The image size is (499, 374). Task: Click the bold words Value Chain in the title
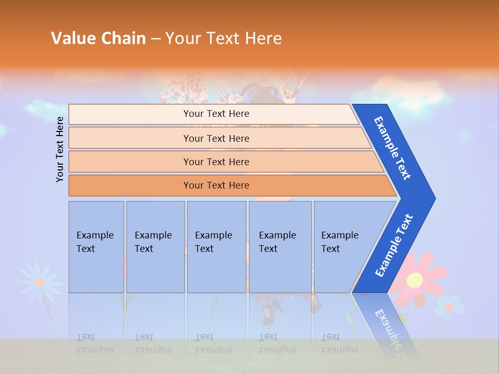[98, 38]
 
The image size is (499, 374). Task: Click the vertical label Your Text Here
[60, 149]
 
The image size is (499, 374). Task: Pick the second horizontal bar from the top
[216, 138]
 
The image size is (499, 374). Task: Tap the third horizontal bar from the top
[216, 162]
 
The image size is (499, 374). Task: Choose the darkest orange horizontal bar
[216, 185]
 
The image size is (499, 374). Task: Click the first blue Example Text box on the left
[96, 247]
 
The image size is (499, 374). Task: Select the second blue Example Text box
[155, 247]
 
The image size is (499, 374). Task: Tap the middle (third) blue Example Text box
[216, 247]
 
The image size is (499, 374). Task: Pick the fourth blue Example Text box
[280, 247]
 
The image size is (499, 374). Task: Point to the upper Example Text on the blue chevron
[392, 148]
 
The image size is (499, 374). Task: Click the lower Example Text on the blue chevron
[394, 246]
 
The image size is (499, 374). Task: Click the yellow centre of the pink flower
[414, 280]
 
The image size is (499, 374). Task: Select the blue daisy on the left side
[40, 282]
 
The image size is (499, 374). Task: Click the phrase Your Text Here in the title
[224, 38]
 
